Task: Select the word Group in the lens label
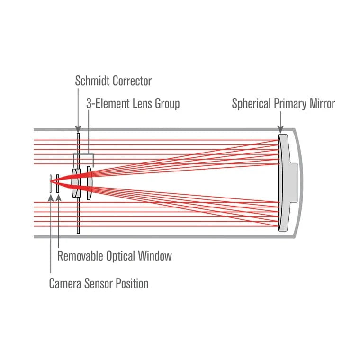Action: point(165,103)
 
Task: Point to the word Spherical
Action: point(252,103)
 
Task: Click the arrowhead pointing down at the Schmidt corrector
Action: point(79,129)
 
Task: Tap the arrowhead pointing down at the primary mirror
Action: point(280,129)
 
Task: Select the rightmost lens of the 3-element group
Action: point(90,182)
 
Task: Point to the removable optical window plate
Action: point(58,183)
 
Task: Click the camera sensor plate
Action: point(50,183)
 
